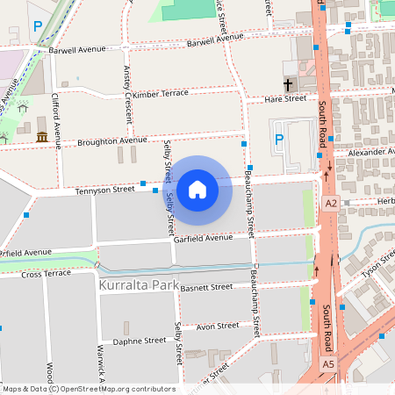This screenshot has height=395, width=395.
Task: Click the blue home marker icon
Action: tap(197, 189)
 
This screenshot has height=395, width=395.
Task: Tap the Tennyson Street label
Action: tap(104, 189)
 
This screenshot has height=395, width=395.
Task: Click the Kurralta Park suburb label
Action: tap(139, 286)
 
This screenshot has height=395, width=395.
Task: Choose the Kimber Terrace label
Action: tap(161, 93)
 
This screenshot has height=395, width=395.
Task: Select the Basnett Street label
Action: tap(208, 286)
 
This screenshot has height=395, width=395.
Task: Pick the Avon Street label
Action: tap(218, 326)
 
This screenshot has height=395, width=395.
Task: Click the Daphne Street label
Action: tap(140, 341)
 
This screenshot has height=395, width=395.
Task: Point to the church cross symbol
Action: tap(288, 85)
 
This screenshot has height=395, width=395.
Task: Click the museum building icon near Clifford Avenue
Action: tap(42, 136)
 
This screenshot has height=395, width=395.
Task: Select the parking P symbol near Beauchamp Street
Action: tap(279, 140)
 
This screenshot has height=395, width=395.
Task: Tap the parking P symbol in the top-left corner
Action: tap(38, 27)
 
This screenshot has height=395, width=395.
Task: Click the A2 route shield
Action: tap(330, 204)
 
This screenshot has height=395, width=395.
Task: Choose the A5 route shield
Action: tap(327, 363)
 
